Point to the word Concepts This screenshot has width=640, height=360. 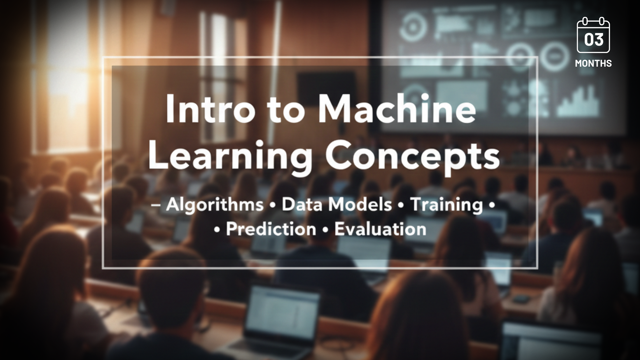[412, 157]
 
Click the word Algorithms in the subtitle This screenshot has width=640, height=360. [215, 205]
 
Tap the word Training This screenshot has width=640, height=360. [447, 205]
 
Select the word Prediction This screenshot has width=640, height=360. [271, 229]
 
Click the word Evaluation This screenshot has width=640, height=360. [380, 229]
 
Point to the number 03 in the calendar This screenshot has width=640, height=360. [593, 40]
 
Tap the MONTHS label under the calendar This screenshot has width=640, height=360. [593, 63]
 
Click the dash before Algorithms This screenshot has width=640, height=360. [156, 205]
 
